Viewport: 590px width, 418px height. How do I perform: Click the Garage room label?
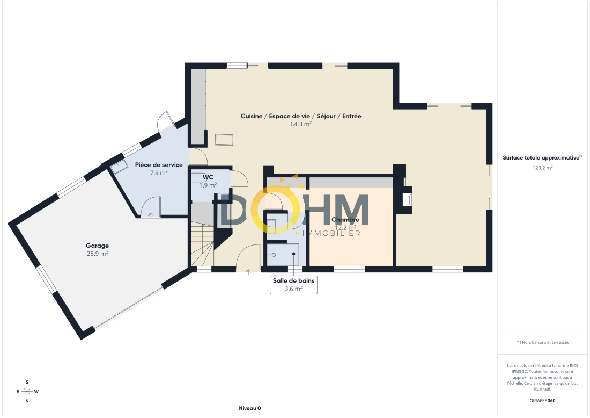coord(97,246)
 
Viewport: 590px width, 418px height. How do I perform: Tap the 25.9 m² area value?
coord(98,254)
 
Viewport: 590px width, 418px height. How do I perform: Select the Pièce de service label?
coord(159,165)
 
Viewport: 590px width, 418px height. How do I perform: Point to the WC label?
coord(208,177)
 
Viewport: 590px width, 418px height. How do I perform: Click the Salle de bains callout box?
coord(293,285)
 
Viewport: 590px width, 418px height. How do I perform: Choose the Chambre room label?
coord(345,219)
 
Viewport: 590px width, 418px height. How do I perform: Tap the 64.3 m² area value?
coord(301,124)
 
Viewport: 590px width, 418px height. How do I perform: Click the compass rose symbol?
coord(27,391)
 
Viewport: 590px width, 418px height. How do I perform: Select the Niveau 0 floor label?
coord(250,408)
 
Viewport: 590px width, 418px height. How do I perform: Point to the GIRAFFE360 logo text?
coord(542,401)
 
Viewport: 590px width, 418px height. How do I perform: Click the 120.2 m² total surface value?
coord(542,168)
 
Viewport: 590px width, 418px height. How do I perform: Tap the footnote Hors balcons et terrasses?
coord(542,342)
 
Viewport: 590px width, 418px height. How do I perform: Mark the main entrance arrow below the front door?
coord(248,272)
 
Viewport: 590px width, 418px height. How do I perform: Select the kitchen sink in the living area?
coord(224,140)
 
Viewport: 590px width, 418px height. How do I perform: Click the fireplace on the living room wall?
coord(407,196)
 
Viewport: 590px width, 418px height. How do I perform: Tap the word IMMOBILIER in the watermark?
coord(331,233)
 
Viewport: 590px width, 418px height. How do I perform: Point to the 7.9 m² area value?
coord(159,173)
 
